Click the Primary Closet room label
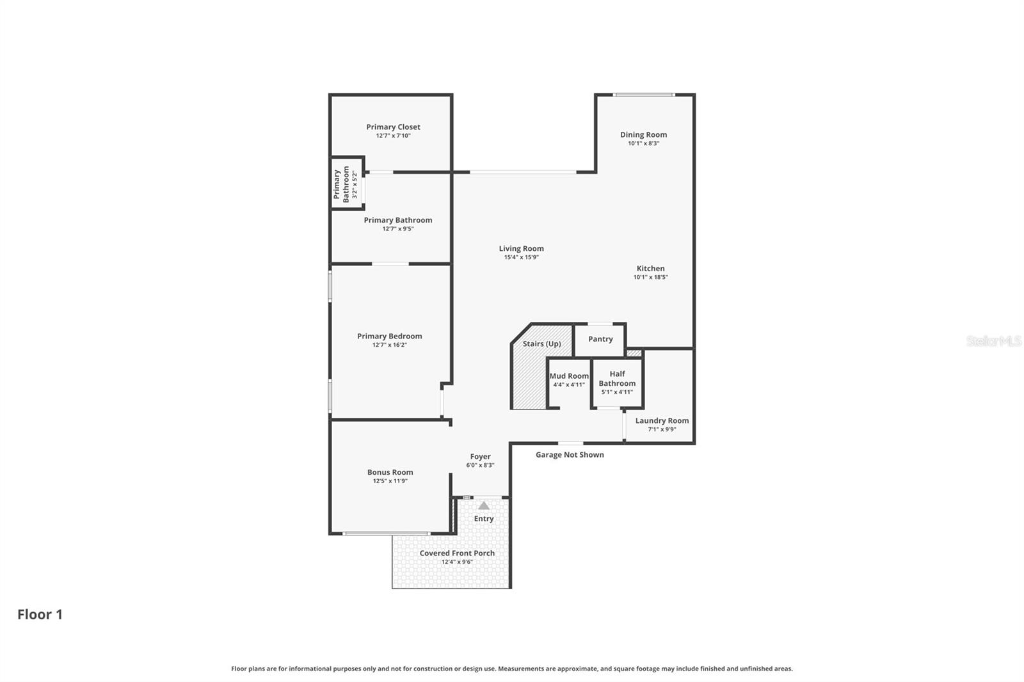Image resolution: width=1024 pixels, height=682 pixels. (x=393, y=127)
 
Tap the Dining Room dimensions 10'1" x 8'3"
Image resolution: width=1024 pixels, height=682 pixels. (x=644, y=143)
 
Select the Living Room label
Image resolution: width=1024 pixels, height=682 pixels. (x=521, y=249)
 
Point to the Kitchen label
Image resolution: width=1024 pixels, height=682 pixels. (x=650, y=268)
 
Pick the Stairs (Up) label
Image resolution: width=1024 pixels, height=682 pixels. (x=541, y=344)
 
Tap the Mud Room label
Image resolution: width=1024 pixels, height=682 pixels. (x=569, y=376)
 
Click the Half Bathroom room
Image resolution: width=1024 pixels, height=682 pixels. (x=617, y=383)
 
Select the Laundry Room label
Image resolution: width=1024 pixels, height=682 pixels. (x=662, y=420)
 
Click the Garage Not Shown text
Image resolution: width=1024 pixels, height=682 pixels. (x=570, y=455)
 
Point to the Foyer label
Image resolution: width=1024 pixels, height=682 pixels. (x=480, y=457)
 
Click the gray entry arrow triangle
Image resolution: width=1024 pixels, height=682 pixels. (x=484, y=505)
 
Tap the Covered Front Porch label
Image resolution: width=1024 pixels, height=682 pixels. (x=457, y=553)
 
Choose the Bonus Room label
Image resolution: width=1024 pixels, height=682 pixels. (x=390, y=472)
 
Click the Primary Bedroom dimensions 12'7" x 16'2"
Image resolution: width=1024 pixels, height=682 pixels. (x=390, y=345)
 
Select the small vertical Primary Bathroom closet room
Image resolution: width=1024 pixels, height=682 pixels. (x=346, y=184)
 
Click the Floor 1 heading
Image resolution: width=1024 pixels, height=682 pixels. (x=40, y=614)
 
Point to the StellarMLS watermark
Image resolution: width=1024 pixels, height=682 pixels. (x=994, y=341)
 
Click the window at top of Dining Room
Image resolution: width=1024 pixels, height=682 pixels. (x=644, y=95)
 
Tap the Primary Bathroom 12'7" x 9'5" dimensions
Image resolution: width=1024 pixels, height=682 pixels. (x=397, y=228)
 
